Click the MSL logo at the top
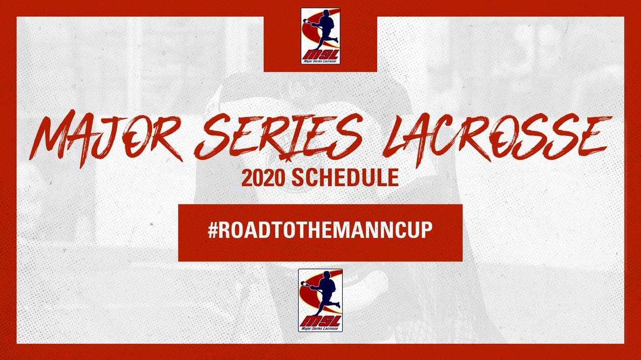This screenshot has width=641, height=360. pyautogui.click(x=321, y=36)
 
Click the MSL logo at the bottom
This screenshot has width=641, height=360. pyautogui.click(x=321, y=300)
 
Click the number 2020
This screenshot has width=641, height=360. pyautogui.click(x=264, y=178)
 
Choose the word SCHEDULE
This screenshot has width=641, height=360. pyautogui.click(x=345, y=178)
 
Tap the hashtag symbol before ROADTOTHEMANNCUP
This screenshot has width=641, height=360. pyautogui.click(x=213, y=230)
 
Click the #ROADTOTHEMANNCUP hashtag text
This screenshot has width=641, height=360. pyautogui.click(x=320, y=230)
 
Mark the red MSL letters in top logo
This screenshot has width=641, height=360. pyautogui.click(x=321, y=54)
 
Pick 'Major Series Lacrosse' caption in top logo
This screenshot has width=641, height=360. pyautogui.click(x=321, y=61)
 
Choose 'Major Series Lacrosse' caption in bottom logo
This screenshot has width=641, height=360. pyautogui.click(x=321, y=329)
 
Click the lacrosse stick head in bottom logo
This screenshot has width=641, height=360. pyautogui.click(x=305, y=284)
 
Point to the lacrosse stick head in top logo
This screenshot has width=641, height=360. pyautogui.click(x=307, y=21)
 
